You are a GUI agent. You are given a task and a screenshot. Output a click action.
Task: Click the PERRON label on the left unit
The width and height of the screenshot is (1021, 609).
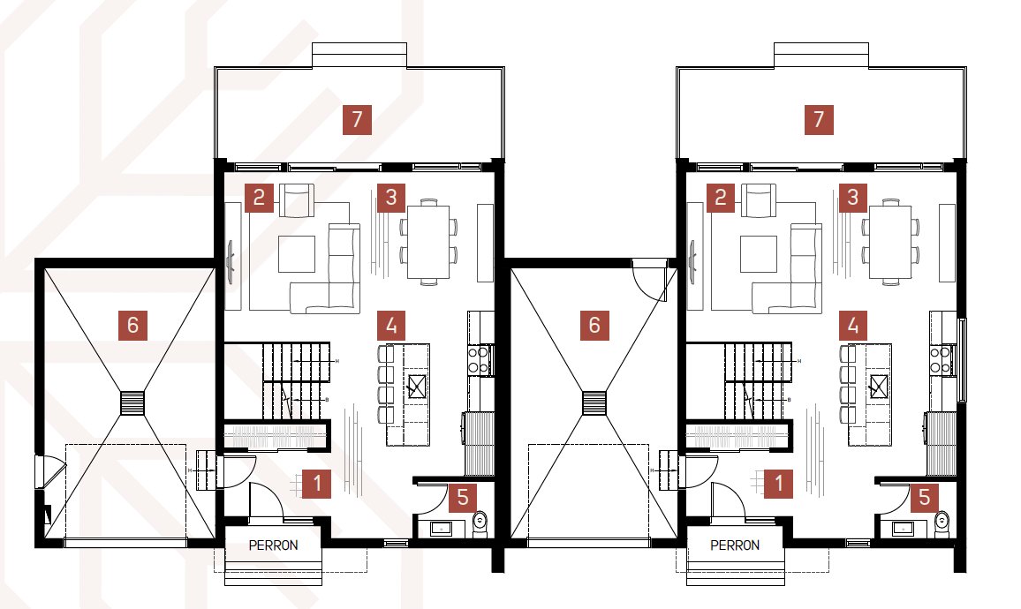pos(274,545)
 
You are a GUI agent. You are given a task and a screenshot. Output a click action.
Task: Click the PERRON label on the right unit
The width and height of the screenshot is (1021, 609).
pos(735,545)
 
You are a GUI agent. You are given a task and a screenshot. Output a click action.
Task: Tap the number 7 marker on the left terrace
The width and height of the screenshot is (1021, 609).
pos(357,120)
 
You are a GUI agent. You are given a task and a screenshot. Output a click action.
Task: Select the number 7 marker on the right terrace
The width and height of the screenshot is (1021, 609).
pos(819,120)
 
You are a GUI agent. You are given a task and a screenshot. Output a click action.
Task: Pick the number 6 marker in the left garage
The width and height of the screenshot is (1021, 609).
pos(132,325)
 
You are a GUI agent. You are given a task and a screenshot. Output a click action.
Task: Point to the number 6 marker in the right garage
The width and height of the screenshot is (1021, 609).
pos(594,325)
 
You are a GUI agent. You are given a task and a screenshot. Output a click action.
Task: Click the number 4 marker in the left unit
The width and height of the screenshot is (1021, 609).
pos(391,326)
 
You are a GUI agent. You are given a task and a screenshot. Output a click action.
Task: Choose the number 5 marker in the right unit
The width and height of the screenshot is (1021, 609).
pos(925,498)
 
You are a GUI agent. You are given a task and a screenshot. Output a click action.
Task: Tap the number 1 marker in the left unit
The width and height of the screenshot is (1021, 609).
pos(317,484)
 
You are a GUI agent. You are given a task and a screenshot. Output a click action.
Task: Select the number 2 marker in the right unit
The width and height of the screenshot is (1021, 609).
pos(720,198)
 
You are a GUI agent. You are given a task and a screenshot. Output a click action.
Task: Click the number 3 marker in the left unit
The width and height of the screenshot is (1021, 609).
pos(391,198)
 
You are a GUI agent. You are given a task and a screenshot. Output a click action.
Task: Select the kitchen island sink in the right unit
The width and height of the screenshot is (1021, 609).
pos(879,387)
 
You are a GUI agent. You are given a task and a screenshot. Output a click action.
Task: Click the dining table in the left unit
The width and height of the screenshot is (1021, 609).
pos(428,242)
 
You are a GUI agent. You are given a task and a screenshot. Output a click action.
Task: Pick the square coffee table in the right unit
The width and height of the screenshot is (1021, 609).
pos(759,254)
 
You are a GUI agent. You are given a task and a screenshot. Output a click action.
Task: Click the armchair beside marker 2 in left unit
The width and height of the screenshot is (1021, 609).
pos(297,200)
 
